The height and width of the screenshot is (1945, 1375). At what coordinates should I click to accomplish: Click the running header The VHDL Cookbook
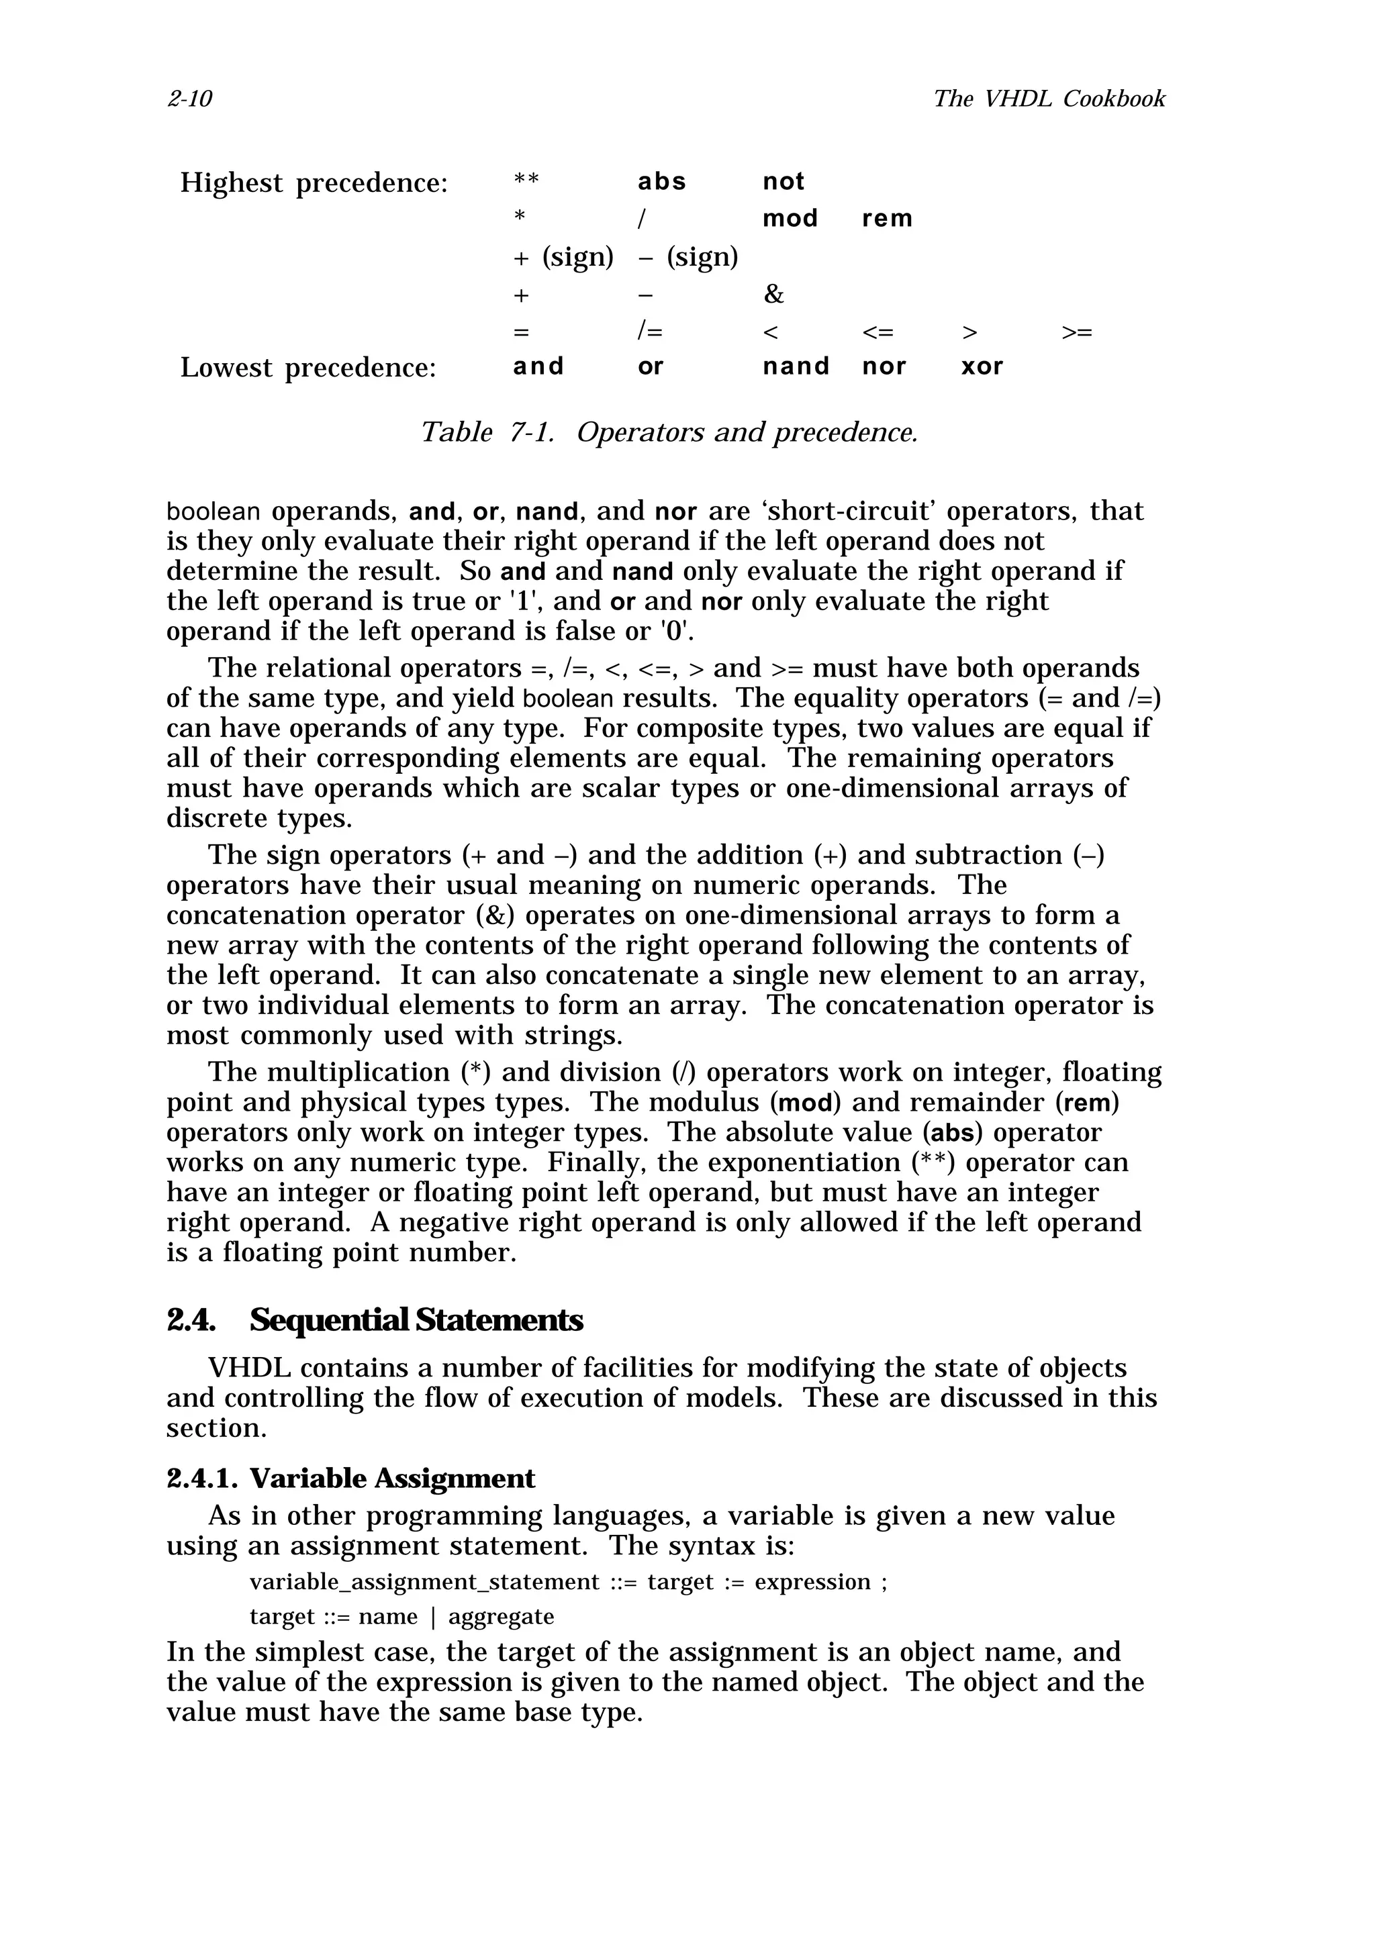coord(1049,99)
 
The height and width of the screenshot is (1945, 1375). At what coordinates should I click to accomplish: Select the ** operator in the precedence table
coord(526,182)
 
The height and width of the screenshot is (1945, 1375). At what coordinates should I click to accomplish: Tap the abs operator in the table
coord(662,181)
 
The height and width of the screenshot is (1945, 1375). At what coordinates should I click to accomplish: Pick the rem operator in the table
coord(887,219)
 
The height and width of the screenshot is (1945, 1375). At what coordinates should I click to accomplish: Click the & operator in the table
coord(773,294)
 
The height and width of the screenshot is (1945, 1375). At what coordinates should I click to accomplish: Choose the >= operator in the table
coord(1077,332)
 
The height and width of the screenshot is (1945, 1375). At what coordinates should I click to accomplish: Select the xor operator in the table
coord(982,367)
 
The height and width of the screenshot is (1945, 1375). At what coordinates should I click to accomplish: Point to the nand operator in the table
coord(796,367)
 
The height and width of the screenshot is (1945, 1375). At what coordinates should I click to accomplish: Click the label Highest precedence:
coord(314,183)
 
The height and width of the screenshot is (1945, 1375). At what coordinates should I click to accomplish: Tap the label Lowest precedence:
coord(307,368)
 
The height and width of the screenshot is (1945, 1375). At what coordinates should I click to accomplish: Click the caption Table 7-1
coord(487,433)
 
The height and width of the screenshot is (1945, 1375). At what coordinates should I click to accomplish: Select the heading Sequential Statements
coord(416,1319)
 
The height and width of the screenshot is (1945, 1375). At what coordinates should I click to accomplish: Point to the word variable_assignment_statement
coord(424,1583)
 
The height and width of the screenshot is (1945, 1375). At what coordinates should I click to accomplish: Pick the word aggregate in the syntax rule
coord(501,1617)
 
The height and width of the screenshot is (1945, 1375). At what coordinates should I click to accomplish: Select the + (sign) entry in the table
coord(563,256)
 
